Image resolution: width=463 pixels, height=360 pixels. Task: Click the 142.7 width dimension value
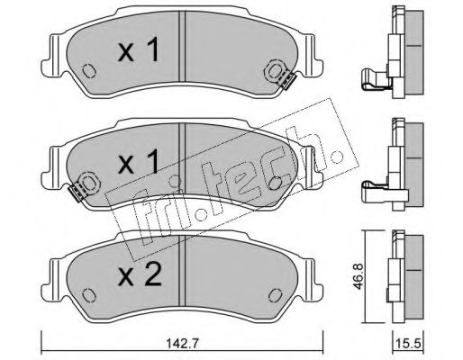tap(182, 344)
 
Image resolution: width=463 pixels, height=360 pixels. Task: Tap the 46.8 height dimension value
tap(359, 276)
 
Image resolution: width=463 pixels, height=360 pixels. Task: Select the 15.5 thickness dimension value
tap(409, 344)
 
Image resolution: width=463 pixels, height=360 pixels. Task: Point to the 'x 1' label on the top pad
tap(139, 51)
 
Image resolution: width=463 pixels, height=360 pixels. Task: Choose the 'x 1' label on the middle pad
tap(139, 162)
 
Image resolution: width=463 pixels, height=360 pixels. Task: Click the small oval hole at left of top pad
tap(89, 71)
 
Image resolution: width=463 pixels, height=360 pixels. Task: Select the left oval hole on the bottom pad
tap(89, 294)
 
